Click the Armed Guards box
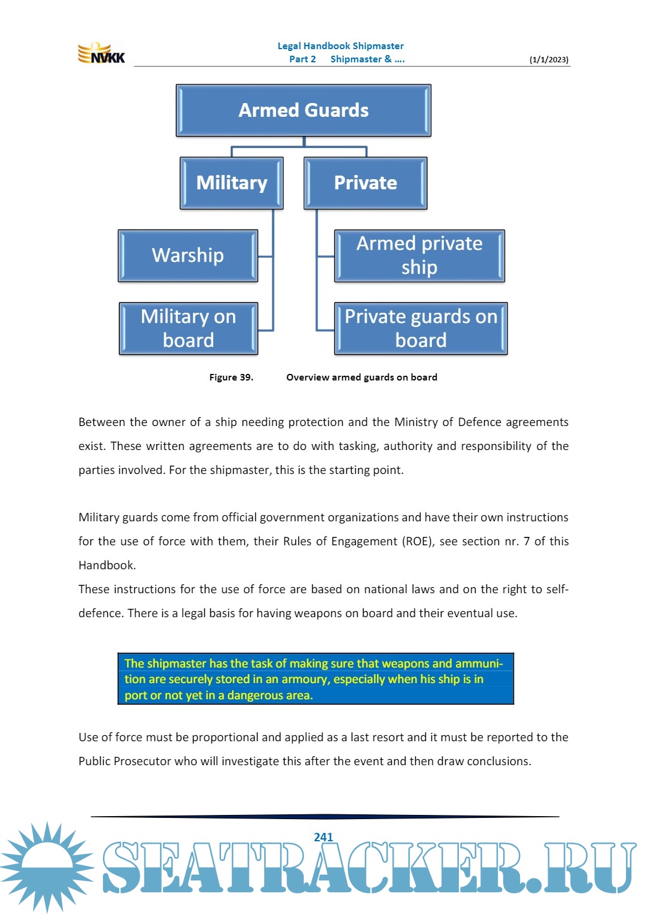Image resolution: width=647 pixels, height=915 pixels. [303, 110]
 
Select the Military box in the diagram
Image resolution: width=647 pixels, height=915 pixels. [231, 183]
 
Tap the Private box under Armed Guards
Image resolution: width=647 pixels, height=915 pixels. [365, 183]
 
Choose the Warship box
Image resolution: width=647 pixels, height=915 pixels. [188, 255]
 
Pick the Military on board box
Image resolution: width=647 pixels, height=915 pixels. [188, 328]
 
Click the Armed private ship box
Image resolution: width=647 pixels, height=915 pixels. [419, 255]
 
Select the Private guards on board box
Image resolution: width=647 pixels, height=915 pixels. [421, 328]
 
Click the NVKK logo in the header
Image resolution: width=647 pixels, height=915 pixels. [101, 53]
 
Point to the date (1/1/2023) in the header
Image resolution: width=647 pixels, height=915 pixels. [549, 59]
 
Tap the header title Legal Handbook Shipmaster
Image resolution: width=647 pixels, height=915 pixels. [340, 46]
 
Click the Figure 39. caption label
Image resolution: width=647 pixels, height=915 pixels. [231, 378]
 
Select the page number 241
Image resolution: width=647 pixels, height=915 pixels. [323, 837]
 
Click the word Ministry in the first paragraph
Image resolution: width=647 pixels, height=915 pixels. [416, 422]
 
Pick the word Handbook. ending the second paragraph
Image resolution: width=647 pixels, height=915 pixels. [107, 566]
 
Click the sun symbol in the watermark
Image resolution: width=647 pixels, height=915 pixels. [46, 866]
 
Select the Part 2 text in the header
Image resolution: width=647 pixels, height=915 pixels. [303, 59]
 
